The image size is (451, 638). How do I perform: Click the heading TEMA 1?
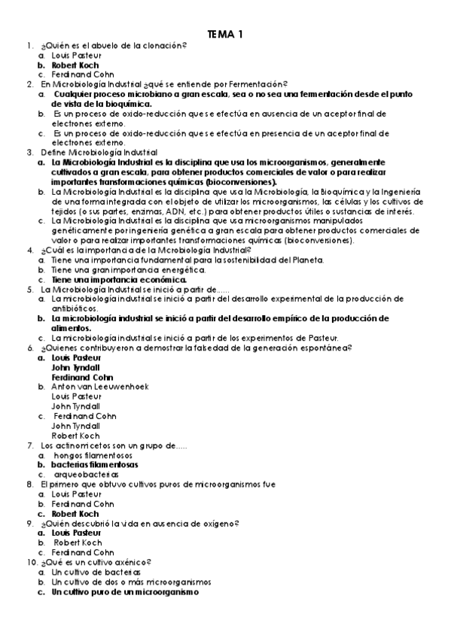coord(225,34)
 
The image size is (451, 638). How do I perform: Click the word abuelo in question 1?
coord(104,45)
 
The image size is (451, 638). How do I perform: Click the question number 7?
coord(29,445)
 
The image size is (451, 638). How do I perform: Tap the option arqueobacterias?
coord(86,475)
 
